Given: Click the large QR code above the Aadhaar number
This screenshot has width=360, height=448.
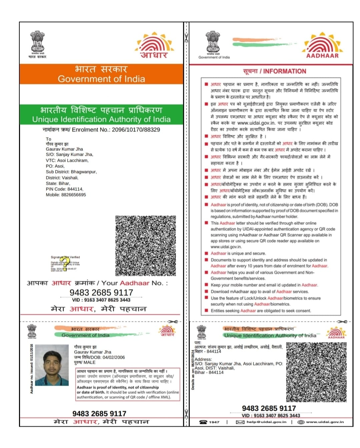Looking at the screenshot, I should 145,246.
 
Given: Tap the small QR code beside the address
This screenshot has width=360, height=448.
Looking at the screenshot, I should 316,372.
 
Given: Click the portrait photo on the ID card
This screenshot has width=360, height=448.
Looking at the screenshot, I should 52,365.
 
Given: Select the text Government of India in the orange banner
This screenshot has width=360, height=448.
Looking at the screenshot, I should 101,79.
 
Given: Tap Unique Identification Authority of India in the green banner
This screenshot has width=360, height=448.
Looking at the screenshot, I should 101,119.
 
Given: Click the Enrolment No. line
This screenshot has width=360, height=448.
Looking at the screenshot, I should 101,130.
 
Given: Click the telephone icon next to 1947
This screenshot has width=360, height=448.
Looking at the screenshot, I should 203,422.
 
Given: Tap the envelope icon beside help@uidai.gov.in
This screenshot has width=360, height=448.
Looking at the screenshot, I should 240,422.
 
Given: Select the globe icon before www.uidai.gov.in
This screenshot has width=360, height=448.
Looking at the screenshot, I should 301,422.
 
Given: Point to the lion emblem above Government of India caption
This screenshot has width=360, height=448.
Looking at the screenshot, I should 213,42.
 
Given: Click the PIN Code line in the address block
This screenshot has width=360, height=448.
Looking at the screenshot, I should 64,189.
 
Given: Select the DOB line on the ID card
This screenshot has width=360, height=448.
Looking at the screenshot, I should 99,357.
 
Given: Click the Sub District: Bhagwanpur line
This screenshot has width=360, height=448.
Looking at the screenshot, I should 71,172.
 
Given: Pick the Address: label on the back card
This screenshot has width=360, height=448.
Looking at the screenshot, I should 203,359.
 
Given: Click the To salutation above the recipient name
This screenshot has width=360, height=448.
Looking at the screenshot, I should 49,139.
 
